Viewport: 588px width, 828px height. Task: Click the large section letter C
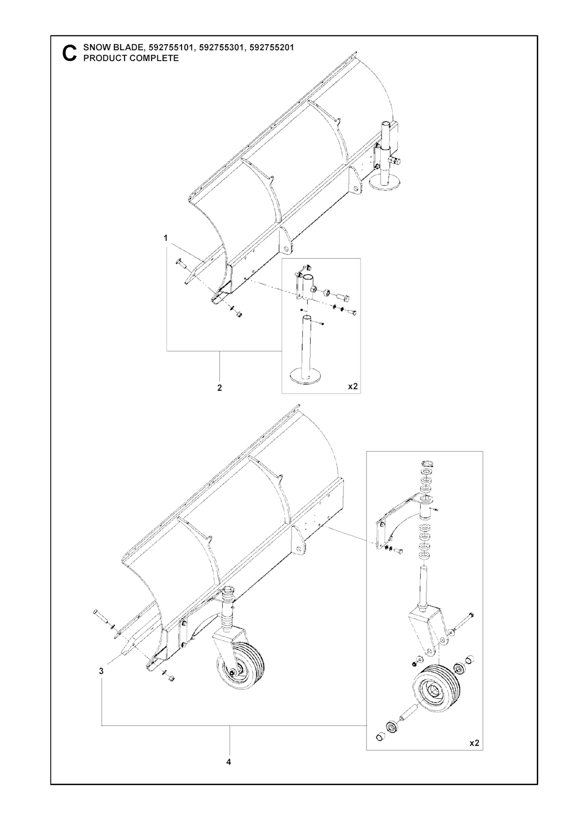click(x=69, y=53)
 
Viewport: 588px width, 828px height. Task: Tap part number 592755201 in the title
click(x=272, y=48)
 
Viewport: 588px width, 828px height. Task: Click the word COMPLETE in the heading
click(x=154, y=58)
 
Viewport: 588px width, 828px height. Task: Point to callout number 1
click(x=166, y=238)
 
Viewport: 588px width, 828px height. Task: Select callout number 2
click(x=220, y=388)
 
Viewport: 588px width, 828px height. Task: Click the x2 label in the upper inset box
click(x=353, y=387)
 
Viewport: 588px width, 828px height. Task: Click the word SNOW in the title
click(x=95, y=48)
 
